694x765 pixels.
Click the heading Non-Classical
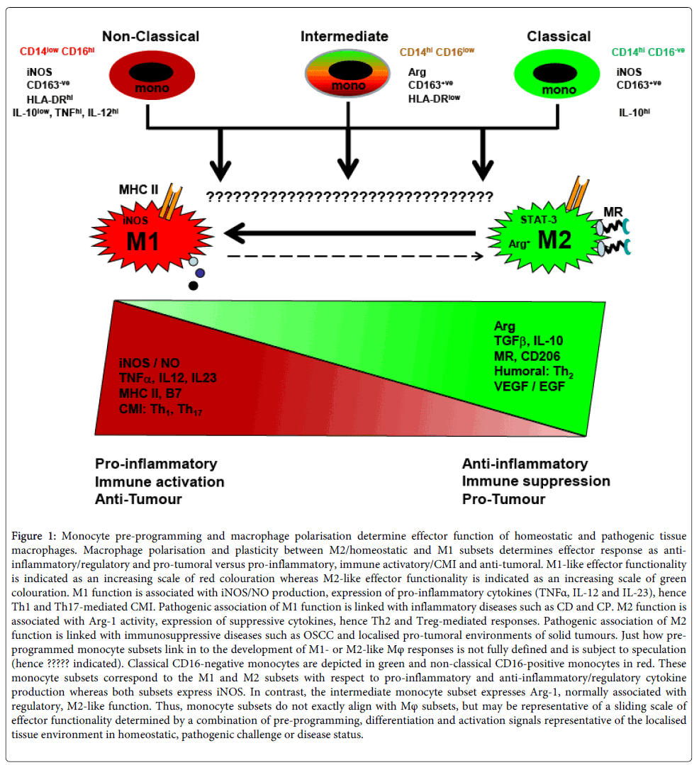coord(150,36)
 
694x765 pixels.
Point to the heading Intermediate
coord(345,36)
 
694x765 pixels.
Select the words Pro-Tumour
coord(503,499)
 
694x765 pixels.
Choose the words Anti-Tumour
coord(139,499)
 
